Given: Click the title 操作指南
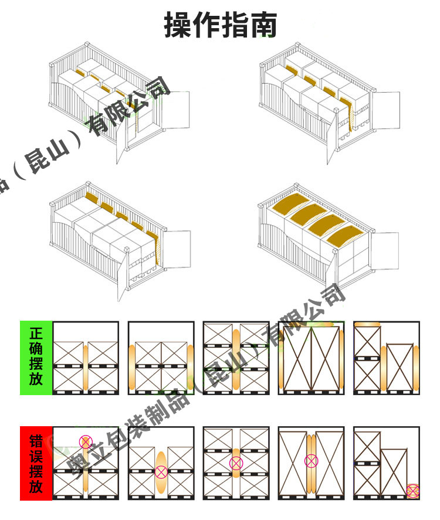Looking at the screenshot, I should (220, 25).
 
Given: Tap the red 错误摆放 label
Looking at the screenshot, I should (36, 463).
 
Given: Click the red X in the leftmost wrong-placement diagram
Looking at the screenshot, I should (86, 441).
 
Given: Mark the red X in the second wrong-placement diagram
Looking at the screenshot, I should (161, 471).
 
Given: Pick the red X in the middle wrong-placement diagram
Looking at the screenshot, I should (236, 463).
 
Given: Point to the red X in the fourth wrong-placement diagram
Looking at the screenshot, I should (311, 461).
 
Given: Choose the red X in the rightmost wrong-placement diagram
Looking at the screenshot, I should (413, 491).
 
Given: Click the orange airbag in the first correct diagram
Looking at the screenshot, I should (86, 368).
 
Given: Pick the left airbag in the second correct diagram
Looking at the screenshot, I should (132, 368).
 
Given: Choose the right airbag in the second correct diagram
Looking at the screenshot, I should (190, 368).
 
